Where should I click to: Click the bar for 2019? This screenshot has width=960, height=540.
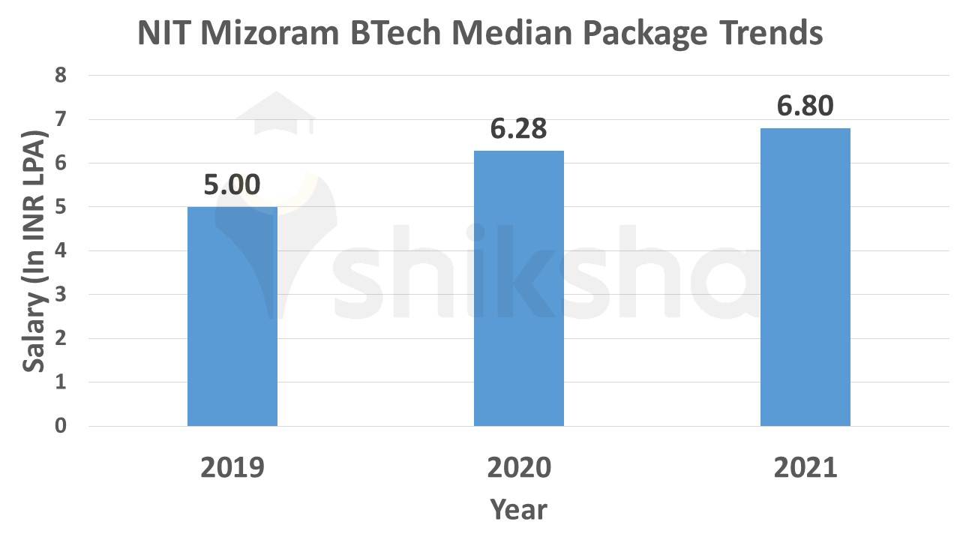[x=232, y=316]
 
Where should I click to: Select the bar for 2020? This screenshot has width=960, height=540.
[x=518, y=289]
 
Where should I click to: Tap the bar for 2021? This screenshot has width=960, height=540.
[x=805, y=277]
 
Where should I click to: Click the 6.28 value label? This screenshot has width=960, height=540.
[x=518, y=129]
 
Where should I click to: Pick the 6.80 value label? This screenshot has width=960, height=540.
[x=805, y=106]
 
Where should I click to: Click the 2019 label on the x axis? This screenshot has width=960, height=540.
[x=232, y=467]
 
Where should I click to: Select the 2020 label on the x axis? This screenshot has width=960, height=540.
[x=518, y=467]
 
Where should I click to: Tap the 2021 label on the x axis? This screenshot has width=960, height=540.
[x=805, y=467]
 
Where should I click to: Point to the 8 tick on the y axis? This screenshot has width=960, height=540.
[x=61, y=76]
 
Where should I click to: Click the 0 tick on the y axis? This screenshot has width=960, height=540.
[x=61, y=426]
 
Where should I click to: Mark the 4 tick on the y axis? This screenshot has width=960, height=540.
[x=61, y=251]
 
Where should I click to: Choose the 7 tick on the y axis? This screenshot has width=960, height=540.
[x=61, y=120]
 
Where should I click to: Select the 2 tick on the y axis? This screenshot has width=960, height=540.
[x=61, y=339]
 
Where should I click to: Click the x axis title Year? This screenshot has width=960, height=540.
[x=518, y=510]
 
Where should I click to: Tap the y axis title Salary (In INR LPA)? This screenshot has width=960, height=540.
[x=34, y=251]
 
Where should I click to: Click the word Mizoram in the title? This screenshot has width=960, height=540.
[x=283, y=34]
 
